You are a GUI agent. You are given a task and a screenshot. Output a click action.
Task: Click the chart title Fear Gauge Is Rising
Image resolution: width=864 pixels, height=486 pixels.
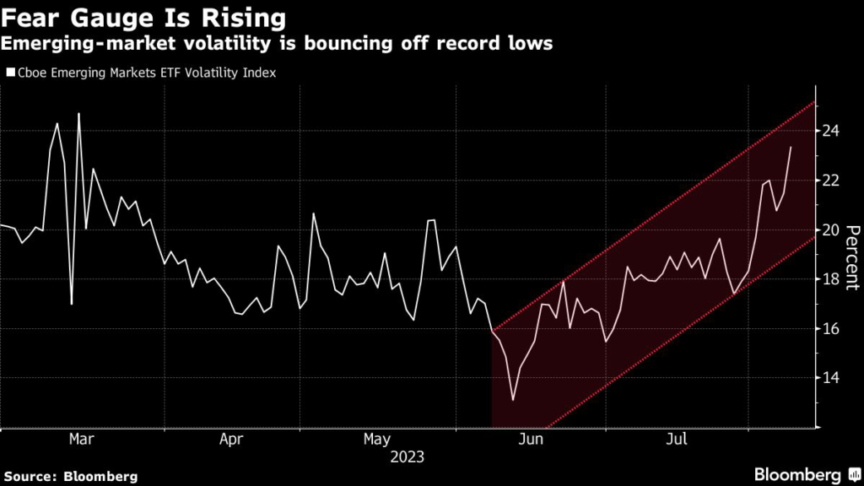143,17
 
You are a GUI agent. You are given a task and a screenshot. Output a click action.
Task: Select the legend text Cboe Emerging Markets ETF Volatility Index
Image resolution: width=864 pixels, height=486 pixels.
147,73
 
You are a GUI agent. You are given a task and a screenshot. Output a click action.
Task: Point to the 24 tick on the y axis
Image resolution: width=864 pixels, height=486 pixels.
832,131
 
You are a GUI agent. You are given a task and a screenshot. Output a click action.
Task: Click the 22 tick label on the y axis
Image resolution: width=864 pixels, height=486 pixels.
832,181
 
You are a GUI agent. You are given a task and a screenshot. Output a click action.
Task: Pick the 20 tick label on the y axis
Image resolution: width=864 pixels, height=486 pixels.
832,229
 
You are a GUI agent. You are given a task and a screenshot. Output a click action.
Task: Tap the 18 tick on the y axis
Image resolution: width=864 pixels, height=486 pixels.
832,279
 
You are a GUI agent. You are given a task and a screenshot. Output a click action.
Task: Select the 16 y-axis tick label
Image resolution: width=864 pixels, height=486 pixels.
832,328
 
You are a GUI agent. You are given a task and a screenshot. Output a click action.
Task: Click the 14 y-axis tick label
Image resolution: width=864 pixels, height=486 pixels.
832,378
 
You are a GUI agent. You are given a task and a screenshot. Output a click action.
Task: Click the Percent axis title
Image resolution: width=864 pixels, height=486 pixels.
852,257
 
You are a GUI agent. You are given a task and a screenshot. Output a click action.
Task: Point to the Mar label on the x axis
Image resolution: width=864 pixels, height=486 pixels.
81,440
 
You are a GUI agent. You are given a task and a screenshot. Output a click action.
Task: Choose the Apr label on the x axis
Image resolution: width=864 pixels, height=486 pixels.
231,440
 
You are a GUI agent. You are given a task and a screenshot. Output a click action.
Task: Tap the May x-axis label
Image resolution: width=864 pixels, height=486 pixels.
378,440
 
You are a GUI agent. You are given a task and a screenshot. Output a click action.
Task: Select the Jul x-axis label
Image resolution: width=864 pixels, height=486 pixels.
677,440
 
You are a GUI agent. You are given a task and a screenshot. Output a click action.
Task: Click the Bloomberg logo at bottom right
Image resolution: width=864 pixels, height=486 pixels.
796,473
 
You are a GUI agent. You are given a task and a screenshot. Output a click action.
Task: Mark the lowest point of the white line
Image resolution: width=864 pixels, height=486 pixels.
513,399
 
